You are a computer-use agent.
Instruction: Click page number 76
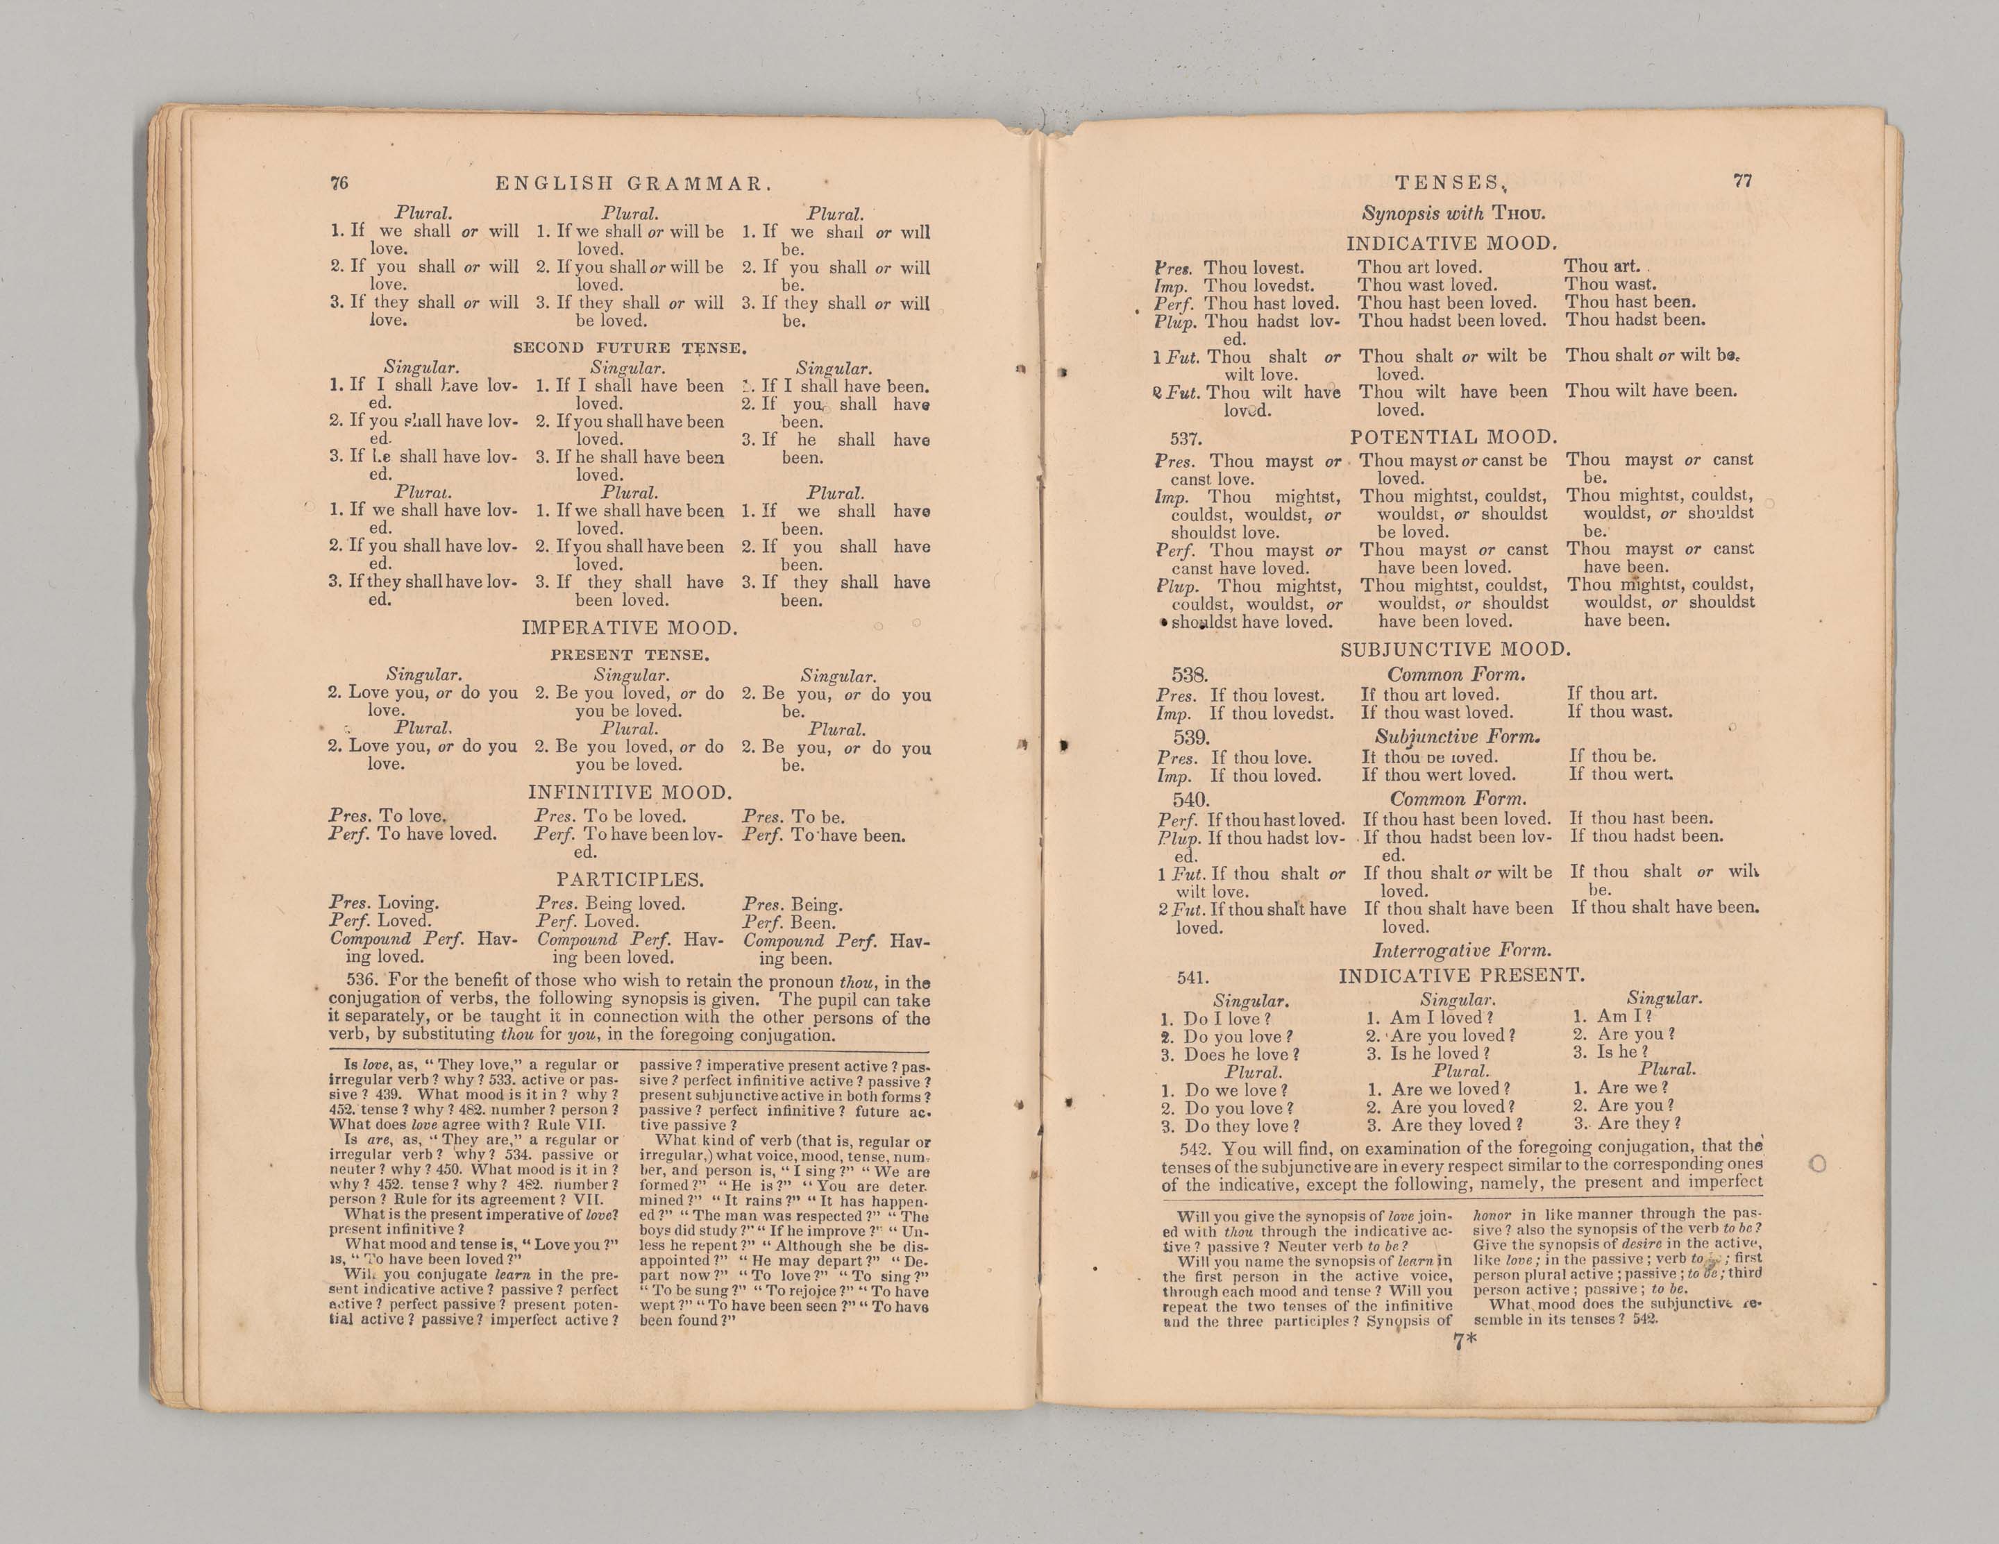point(339,183)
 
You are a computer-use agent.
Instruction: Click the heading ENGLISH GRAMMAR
point(629,184)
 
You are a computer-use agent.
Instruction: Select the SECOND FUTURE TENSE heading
point(630,348)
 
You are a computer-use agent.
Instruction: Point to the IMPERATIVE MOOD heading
point(630,628)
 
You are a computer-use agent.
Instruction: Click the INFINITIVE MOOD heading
point(630,792)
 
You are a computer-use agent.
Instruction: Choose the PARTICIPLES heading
point(630,879)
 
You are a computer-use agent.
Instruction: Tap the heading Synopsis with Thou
point(1453,214)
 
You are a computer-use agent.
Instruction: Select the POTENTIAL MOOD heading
point(1453,437)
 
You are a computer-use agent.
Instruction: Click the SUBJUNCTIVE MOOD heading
point(1456,650)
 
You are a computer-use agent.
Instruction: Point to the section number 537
point(1186,439)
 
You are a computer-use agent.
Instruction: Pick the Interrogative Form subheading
point(1462,951)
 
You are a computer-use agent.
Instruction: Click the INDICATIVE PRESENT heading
point(1461,976)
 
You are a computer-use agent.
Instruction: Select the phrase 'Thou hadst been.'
point(1635,321)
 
